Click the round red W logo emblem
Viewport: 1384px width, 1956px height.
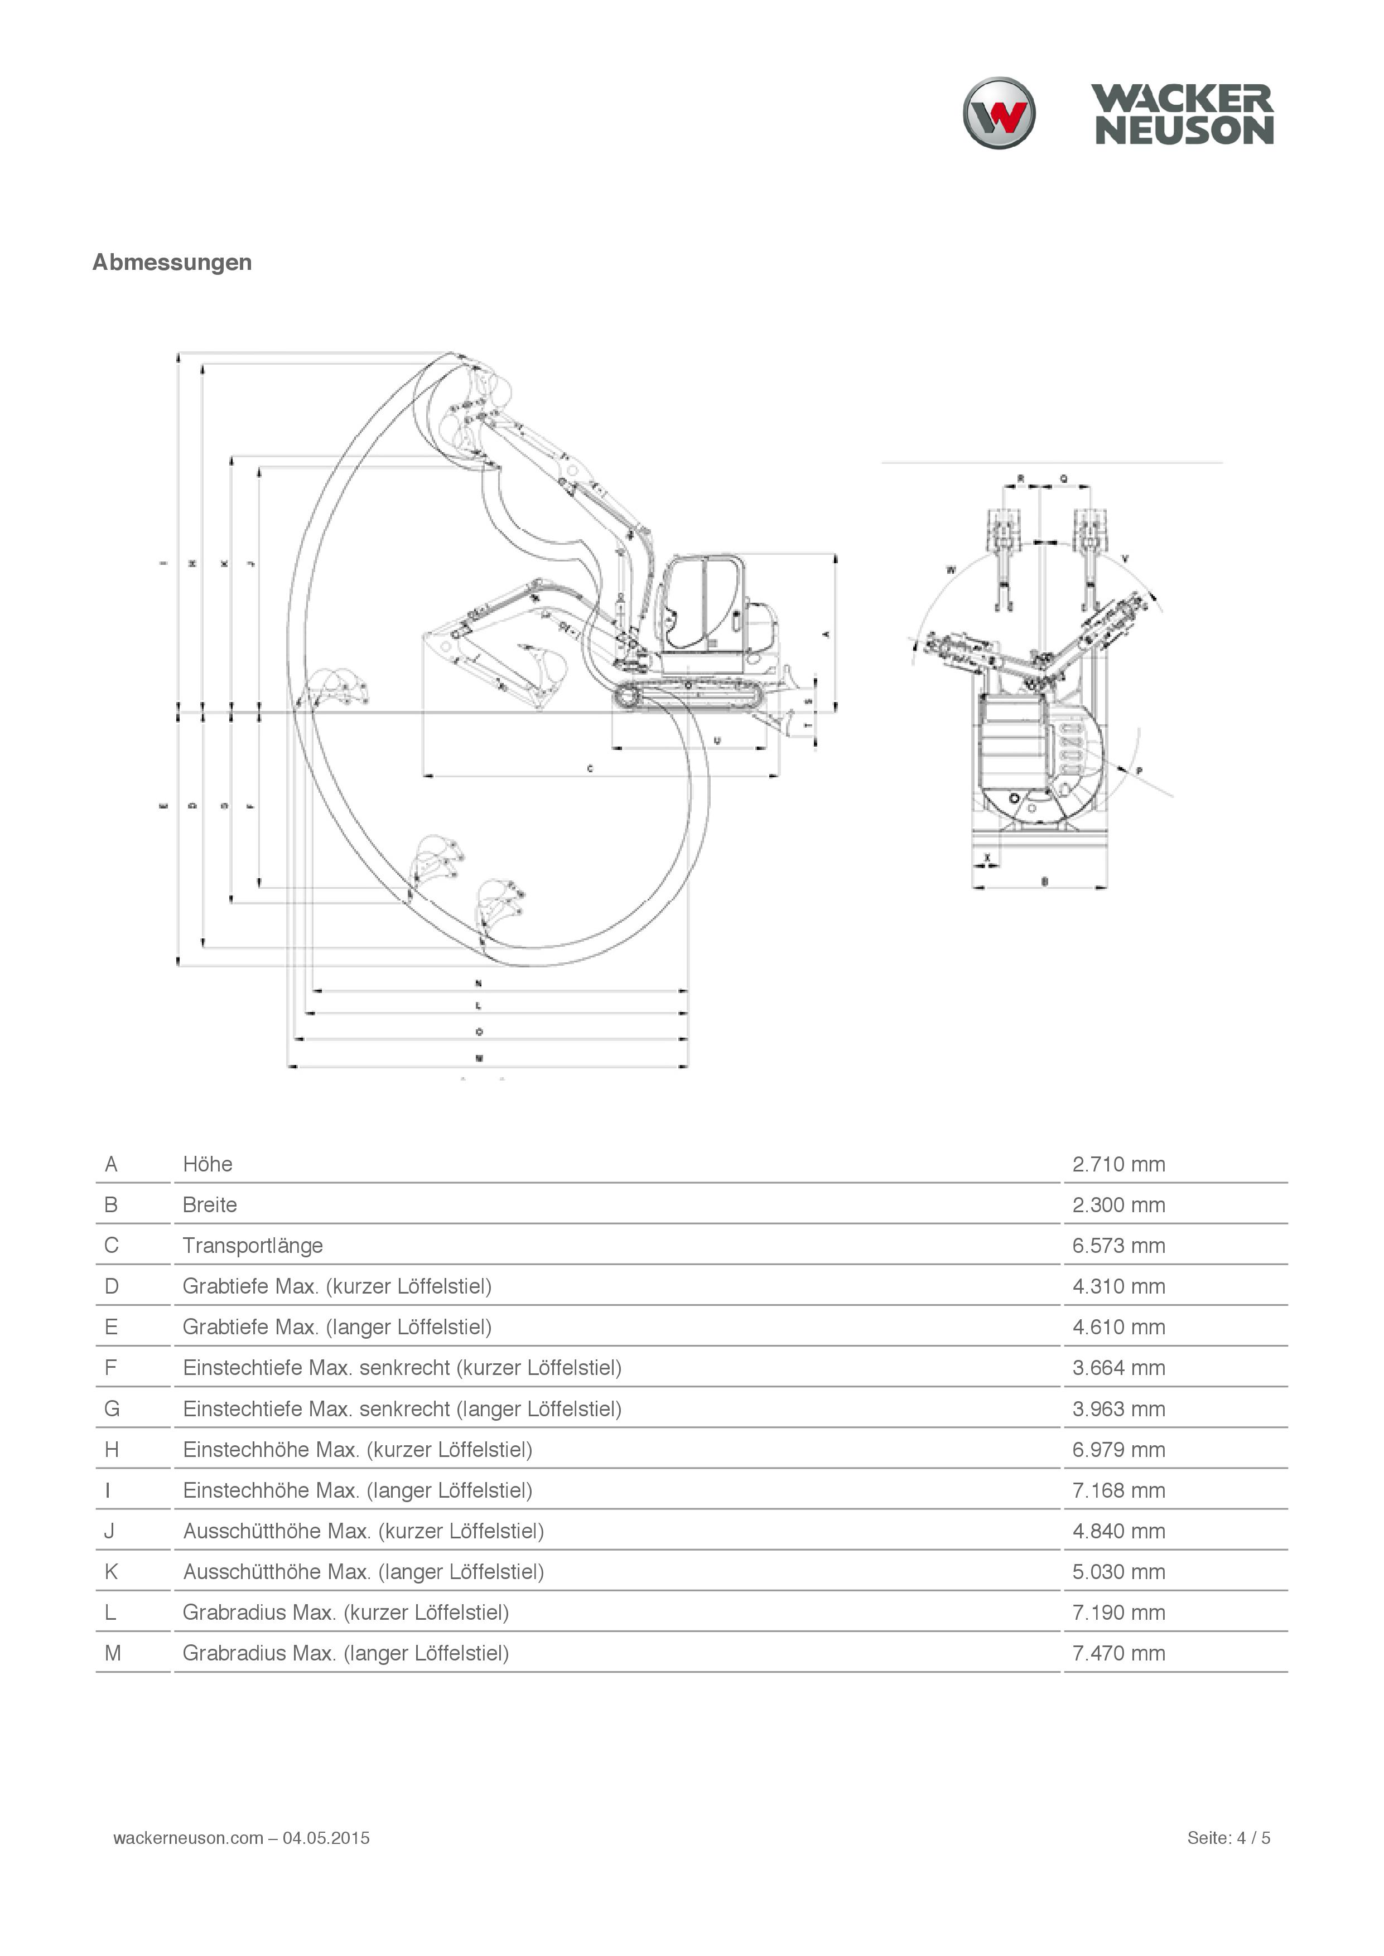pyautogui.click(x=999, y=113)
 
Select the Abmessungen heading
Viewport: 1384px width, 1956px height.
pyautogui.click(x=172, y=263)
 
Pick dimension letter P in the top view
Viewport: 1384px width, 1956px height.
pyautogui.click(x=1140, y=771)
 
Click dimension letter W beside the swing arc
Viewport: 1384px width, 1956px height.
pyautogui.click(x=951, y=569)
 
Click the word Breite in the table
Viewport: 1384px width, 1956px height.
pyautogui.click(x=210, y=1204)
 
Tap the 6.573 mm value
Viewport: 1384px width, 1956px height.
pyautogui.click(x=1118, y=1246)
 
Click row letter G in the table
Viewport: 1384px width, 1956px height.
pyautogui.click(x=112, y=1408)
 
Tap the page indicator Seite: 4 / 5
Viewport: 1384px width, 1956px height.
pyautogui.click(x=1228, y=1838)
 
